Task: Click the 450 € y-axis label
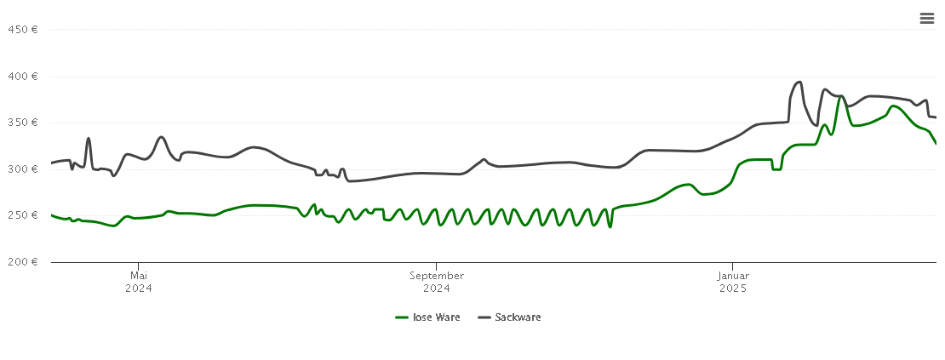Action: click(x=22, y=29)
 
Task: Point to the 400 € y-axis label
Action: click(x=22, y=76)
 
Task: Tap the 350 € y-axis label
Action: click(x=22, y=122)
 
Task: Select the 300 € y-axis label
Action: click(x=22, y=169)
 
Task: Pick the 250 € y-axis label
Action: click(x=22, y=214)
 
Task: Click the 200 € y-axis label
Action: click(x=22, y=261)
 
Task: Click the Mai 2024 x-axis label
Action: click(x=139, y=282)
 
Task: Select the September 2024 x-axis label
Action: click(x=437, y=282)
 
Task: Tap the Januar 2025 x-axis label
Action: click(x=732, y=282)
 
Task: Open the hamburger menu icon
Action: click(x=927, y=18)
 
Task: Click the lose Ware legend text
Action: click(x=436, y=317)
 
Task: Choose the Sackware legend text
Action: click(x=518, y=317)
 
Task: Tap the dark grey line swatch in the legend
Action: click(x=484, y=317)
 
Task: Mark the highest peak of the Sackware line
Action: click(x=799, y=82)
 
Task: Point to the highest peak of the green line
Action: click(x=840, y=96)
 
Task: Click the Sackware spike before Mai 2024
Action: click(x=89, y=138)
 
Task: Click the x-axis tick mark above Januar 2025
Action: click(x=732, y=266)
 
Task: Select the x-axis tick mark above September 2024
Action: click(x=437, y=266)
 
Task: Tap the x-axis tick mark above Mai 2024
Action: click(x=139, y=266)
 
